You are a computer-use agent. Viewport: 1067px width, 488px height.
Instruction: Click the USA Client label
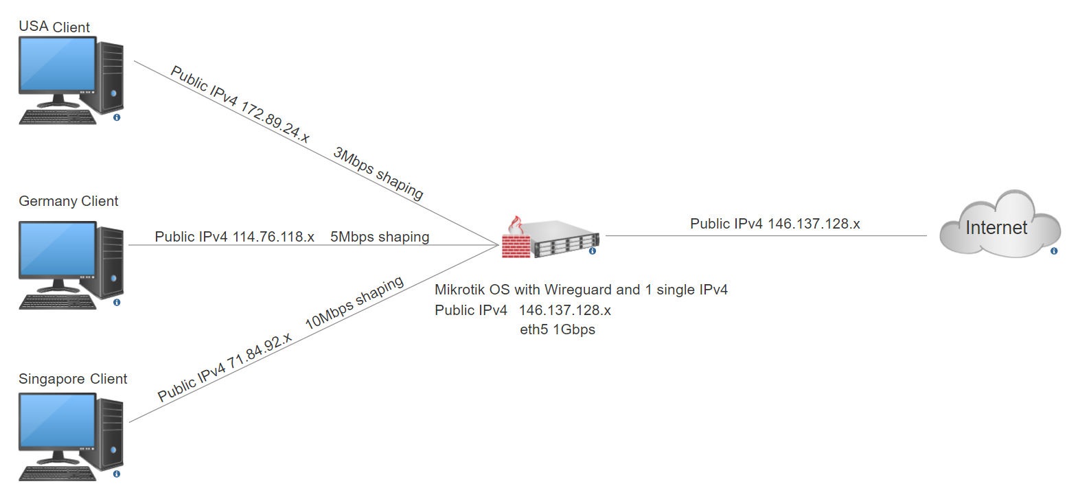54,27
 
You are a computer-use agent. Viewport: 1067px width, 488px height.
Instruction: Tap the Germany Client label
69,201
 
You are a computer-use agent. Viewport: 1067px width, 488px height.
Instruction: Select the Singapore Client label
73,379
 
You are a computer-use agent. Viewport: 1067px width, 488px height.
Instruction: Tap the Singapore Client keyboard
58,474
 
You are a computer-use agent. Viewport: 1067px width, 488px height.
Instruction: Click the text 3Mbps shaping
378,174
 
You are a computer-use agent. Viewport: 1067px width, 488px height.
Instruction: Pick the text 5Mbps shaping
380,237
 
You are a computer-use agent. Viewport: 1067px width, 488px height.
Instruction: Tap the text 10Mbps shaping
354,303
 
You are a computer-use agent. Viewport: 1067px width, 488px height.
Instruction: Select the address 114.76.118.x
273,237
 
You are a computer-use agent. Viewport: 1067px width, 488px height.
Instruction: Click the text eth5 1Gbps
558,329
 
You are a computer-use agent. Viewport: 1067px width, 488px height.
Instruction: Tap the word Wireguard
576,290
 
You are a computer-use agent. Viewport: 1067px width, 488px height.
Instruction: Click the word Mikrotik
460,290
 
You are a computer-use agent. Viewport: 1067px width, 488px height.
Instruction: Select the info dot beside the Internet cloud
1054,252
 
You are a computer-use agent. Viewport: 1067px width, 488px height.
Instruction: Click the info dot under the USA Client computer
117,118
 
